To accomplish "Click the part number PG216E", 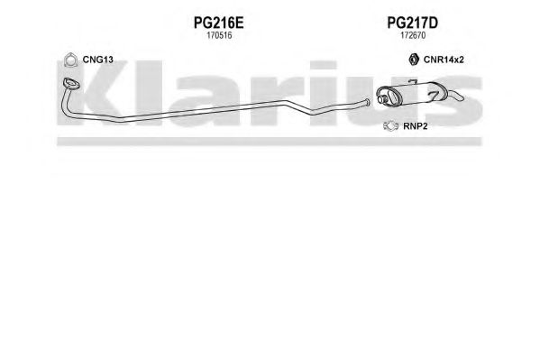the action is tap(218, 23).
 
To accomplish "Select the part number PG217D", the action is tap(412, 23).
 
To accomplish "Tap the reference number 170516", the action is tap(219, 35).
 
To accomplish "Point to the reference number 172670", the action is tap(413, 35).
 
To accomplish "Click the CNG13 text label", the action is tap(97, 60).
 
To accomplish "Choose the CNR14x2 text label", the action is tap(444, 60).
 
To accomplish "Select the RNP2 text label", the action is tap(416, 126).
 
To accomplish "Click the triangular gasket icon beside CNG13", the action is tap(70, 60).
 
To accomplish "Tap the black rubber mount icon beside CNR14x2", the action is tap(414, 60).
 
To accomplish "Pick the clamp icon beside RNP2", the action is tap(390, 126).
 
